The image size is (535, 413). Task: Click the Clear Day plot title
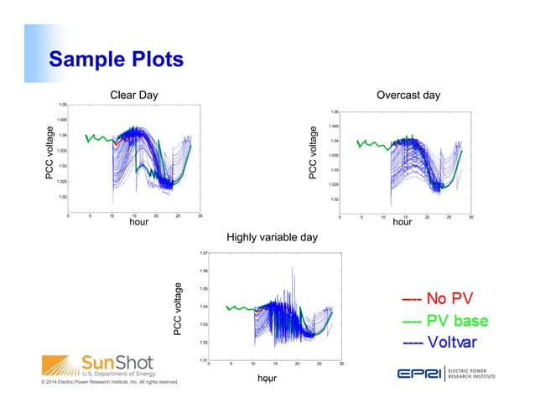(x=134, y=95)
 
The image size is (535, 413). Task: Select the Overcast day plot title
(x=408, y=95)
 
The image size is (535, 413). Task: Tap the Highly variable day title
(x=273, y=238)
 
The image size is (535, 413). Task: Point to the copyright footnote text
(x=101, y=383)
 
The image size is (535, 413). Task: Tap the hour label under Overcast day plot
(x=403, y=223)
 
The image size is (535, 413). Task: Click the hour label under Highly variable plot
(x=267, y=379)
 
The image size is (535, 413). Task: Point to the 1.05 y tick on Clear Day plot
(x=62, y=105)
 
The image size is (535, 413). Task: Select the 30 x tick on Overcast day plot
(x=470, y=216)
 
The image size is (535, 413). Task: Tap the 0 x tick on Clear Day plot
(x=69, y=216)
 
